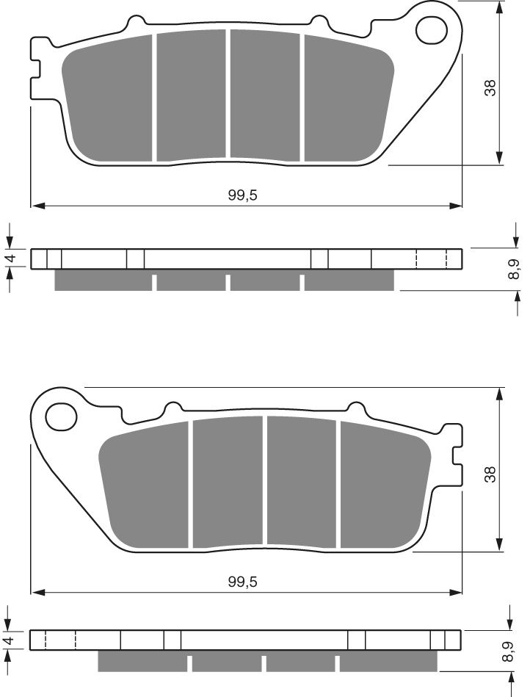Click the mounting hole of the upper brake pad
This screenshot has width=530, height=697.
[432, 29]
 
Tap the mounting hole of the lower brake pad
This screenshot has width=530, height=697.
[61, 417]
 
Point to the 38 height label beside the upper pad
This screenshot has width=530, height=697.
[491, 87]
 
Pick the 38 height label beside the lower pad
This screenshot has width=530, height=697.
[491, 474]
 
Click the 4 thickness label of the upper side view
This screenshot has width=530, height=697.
[10, 259]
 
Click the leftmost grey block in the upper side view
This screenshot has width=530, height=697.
[103, 281]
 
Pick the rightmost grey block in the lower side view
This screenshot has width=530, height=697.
[388, 662]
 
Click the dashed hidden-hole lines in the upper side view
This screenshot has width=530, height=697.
[432, 259]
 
